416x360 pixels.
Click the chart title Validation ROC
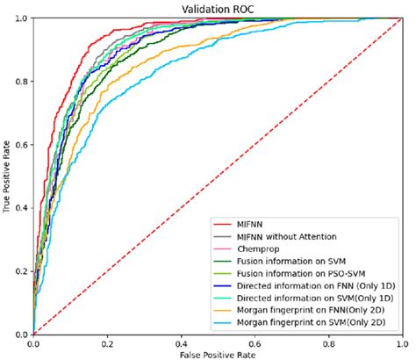coord(218,8)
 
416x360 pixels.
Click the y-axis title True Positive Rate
coord(8,176)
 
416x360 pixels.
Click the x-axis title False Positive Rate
coord(218,353)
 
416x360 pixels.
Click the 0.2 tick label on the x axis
coord(107,342)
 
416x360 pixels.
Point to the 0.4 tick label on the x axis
coord(181,342)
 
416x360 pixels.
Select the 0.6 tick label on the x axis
coord(255,342)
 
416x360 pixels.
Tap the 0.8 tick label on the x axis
coord(328,342)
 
